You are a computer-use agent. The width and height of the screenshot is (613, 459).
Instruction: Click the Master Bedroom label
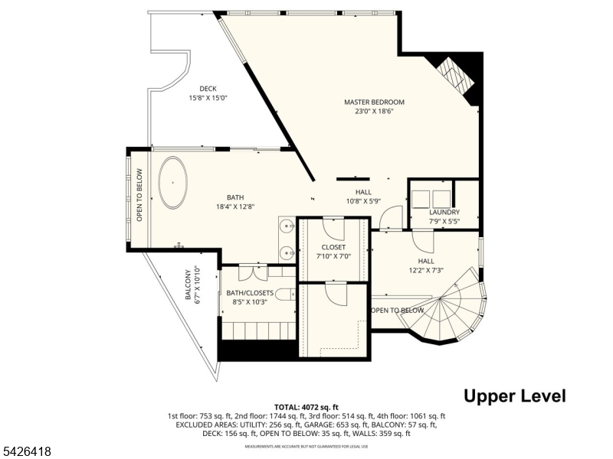374,106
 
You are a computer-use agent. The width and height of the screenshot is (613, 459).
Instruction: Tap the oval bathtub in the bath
174,183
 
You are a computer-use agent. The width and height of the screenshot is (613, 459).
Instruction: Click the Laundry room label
444,216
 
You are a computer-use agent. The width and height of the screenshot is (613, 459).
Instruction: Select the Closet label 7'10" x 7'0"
333,252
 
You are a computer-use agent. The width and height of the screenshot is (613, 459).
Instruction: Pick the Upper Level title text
514,396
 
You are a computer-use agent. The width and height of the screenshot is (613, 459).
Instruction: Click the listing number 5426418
27,452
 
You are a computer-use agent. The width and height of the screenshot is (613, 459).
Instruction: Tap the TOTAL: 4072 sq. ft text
306,407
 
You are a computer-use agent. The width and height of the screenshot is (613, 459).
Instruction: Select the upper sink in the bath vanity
286,226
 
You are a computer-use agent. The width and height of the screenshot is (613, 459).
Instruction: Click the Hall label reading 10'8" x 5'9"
363,197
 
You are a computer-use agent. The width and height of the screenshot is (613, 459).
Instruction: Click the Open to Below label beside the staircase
397,311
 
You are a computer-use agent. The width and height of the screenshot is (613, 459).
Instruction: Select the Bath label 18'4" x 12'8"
235,201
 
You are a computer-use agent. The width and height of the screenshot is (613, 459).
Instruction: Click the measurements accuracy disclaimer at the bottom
306,446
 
